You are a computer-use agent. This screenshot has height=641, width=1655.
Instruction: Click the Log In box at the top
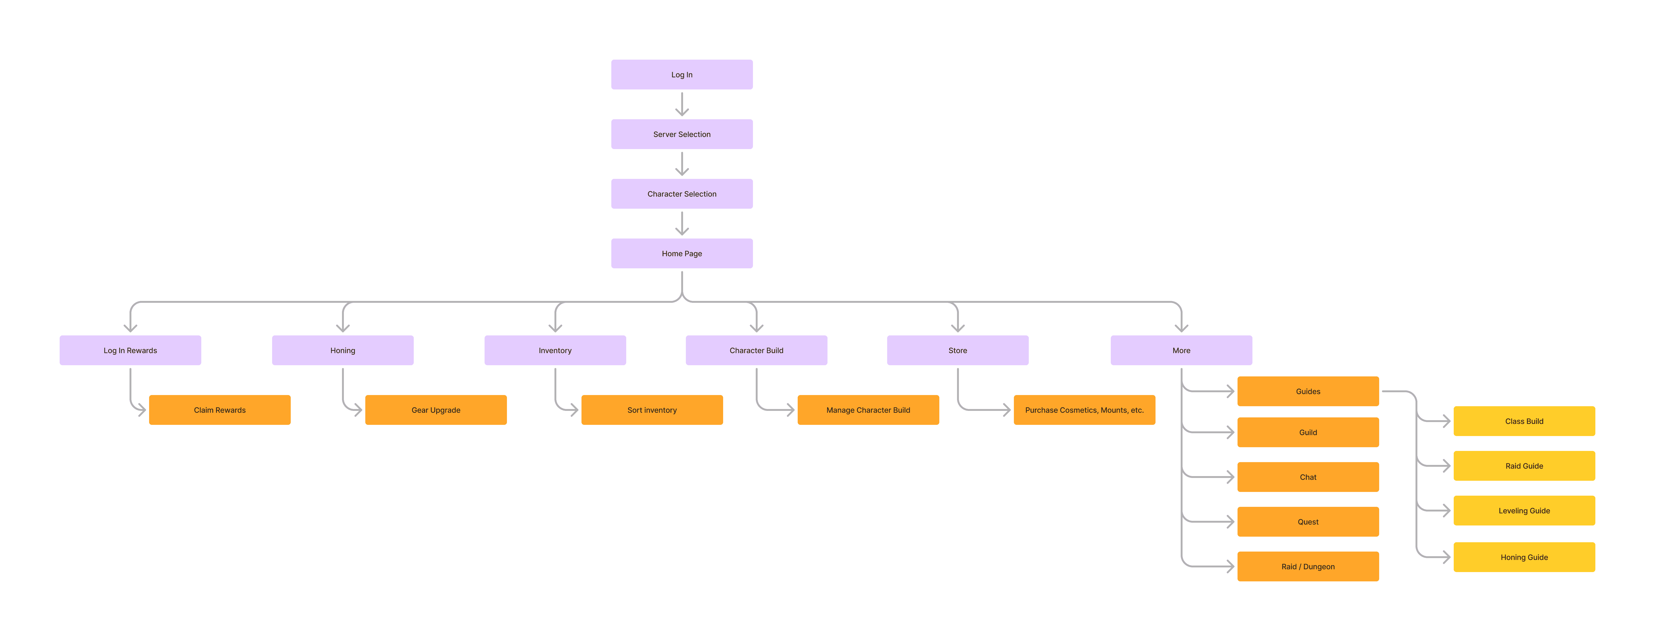click(682, 75)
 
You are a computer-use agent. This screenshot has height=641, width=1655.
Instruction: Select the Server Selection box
click(682, 134)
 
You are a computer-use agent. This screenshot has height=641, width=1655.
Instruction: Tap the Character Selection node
click(682, 194)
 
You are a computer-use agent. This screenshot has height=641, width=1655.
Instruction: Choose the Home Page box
click(682, 254)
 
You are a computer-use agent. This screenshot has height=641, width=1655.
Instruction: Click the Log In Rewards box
click(130, 350)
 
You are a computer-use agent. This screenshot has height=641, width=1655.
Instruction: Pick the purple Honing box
click(342, 350)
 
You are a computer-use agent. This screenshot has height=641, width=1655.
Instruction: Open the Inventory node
click(555, 350)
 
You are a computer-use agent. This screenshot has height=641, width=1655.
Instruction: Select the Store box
click(957, 350)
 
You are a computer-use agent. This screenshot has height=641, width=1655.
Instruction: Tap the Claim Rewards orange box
click(220, 410)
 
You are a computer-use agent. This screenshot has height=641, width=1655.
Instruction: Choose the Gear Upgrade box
click(436, 410)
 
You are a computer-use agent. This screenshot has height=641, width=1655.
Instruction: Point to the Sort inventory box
click(652, 410)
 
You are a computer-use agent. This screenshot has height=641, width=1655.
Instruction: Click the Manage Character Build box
click(868, 410)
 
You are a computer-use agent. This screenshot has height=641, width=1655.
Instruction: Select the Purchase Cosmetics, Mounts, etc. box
click(1084, 410)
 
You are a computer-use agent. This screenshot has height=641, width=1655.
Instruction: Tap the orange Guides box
click(1308, 391)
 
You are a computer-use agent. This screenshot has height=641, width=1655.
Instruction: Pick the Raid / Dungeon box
click(1308, 566)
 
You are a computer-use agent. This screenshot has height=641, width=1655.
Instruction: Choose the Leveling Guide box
click(1524, 511)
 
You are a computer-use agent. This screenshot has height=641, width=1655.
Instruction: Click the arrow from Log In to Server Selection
click(682, 104)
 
